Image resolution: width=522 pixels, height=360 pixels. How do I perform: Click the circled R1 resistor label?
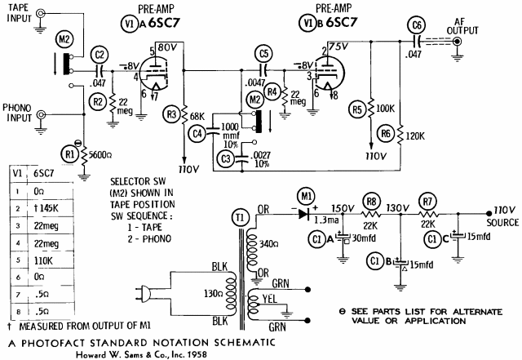70,152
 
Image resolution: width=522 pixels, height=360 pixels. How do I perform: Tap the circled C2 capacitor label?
100,56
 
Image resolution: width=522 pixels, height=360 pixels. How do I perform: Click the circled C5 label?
262,55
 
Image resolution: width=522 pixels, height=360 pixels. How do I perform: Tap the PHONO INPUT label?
18,112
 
